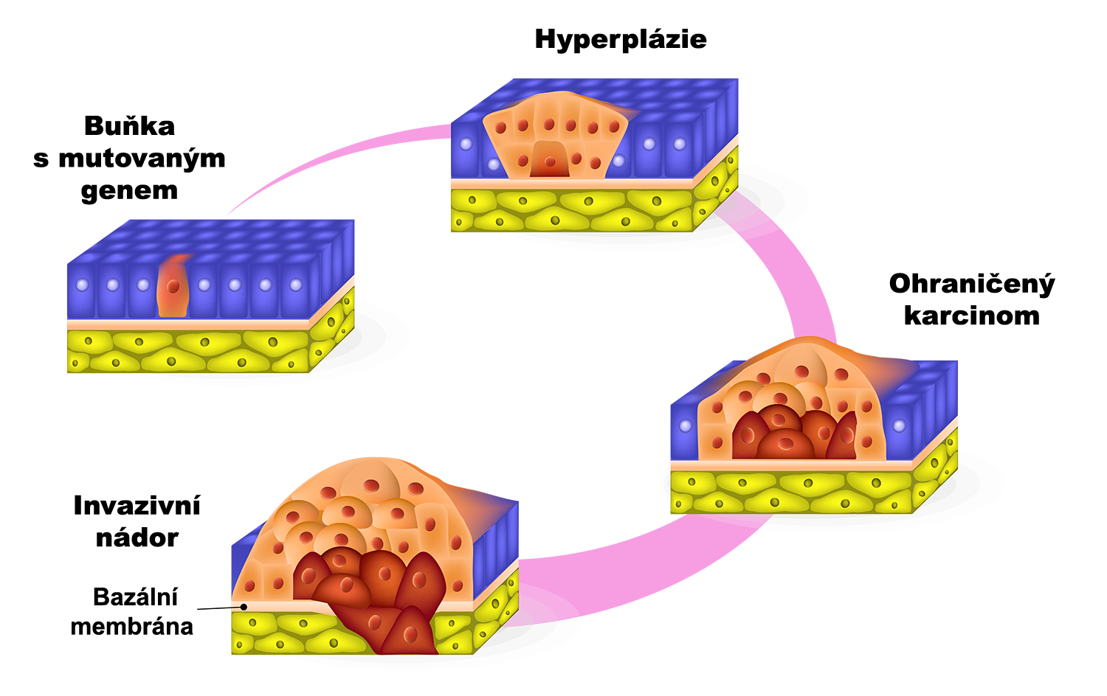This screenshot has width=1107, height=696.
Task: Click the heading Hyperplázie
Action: point(621,41)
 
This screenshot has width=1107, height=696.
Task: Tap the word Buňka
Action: point(129,126)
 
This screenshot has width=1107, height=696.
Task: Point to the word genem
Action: point(129,191)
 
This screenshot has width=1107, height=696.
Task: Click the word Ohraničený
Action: point(972,285)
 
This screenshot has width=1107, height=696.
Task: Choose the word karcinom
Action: point(972,316)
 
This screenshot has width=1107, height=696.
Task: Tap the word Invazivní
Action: point(137,506)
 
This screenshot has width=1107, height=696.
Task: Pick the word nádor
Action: point(137,537)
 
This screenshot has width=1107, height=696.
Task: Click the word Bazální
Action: point(135,597)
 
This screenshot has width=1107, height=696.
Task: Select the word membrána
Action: point(132,627)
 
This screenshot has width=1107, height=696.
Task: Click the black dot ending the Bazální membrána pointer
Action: point(243,607)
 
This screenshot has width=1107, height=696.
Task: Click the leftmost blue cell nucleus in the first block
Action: point(82,285)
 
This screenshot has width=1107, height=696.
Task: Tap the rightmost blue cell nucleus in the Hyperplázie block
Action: point(680,144)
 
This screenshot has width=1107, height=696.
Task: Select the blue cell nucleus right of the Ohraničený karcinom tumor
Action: point(899,425)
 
